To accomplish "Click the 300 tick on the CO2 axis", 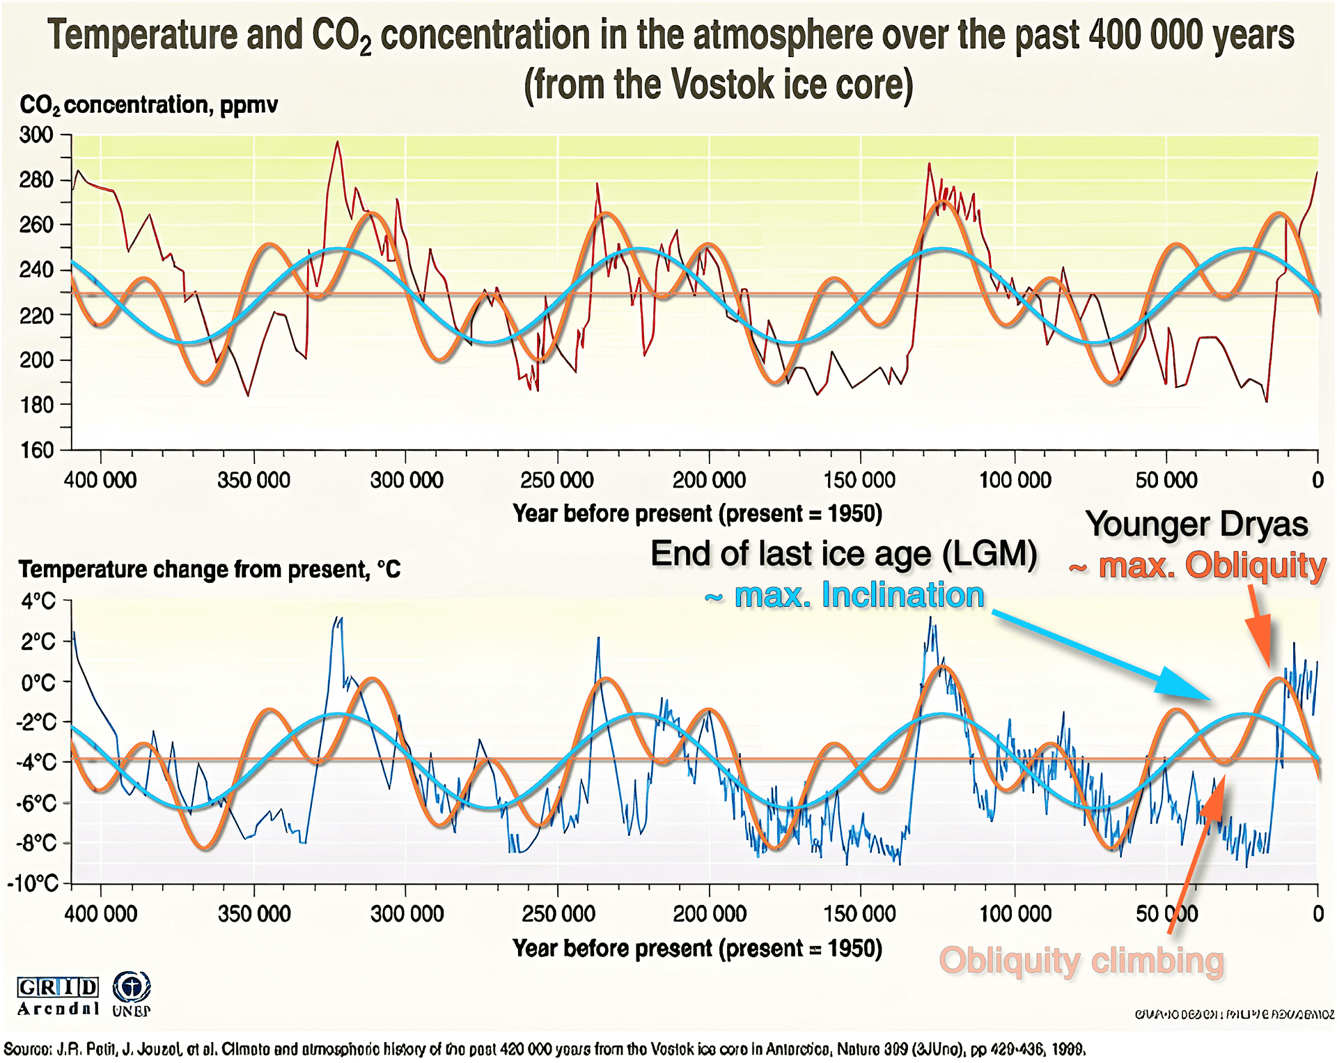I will [x=36, y=134].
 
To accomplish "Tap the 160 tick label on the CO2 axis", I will [x=36, y=450].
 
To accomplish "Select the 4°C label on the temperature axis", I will [x=38, y=600].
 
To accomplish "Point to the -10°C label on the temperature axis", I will [x=33, y=883].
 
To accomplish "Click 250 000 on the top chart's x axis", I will [x=557, y=480].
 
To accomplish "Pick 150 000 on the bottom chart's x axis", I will [x=859, y=913].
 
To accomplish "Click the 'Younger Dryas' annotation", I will [x=1196, y=524].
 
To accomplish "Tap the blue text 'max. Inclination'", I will [x=858, y=595].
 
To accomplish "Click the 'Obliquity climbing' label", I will [x=1081, y=961].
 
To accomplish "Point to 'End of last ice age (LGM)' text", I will [x=843, y=554].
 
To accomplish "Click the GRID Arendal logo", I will [x=58, y=996].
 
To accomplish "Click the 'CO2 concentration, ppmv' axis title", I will [x=148, y=105].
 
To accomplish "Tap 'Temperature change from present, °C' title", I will [x=209, y=569].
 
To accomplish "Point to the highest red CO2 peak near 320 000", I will [x=338, y=143].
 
